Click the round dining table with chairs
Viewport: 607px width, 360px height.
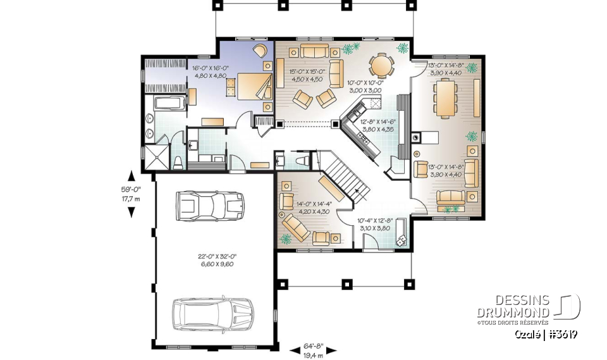point(381,65)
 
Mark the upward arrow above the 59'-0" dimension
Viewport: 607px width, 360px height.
point(131,176)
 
